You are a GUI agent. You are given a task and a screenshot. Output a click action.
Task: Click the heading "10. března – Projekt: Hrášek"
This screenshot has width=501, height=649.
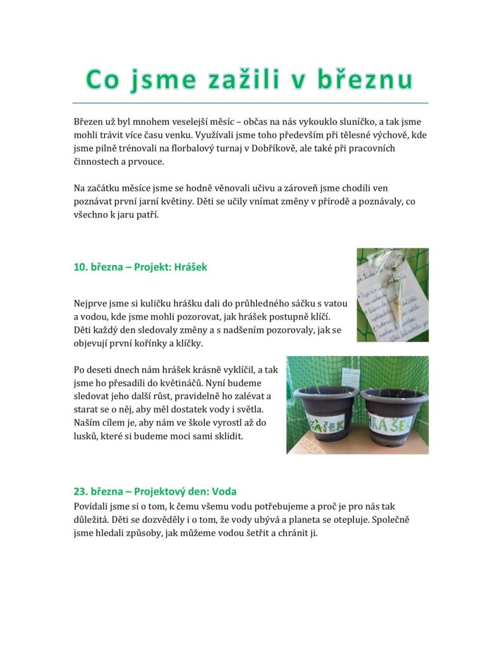pyautogui.click(x=141, y=267)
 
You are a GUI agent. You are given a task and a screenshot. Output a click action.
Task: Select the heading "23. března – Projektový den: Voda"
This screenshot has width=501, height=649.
pyautogui.click(x=155, y=491)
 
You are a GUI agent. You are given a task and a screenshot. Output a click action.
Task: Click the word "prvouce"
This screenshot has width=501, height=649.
pyautogui.click(x=146, y=162)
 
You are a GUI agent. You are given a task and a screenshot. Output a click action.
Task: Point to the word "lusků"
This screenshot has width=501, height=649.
pyautogui.click(x=87, y=437)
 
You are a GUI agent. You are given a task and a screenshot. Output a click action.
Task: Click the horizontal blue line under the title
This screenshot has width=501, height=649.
pyautogui.click(x=250, y=103)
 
